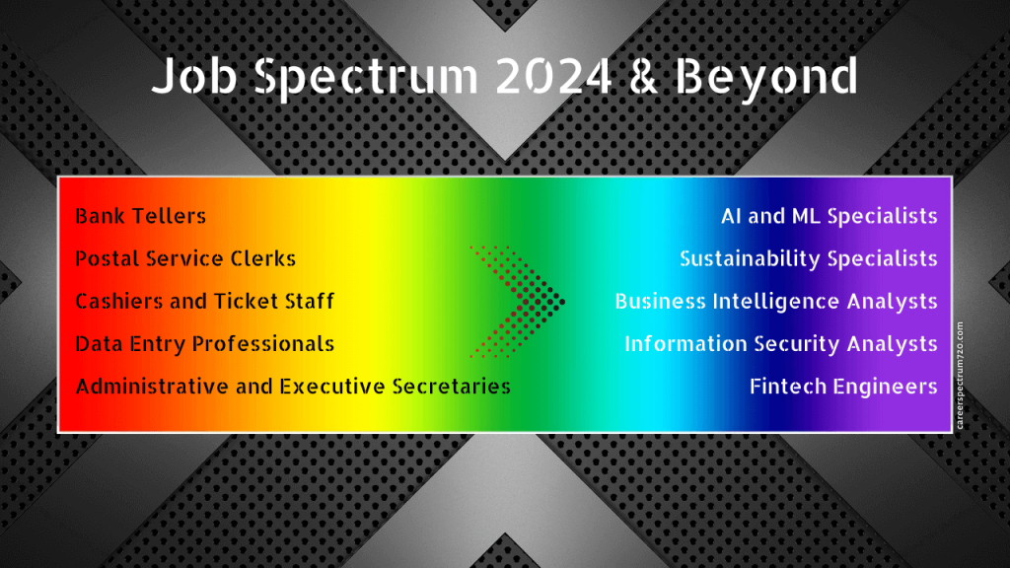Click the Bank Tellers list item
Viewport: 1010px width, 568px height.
click(x=141, y=216)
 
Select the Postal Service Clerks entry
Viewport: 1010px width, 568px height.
click(x=185, y=258)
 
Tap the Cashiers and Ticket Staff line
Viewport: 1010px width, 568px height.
click(x=204, y=301)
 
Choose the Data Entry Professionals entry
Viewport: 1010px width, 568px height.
click(x=204, y=344)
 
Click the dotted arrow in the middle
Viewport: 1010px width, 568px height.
click(x=516, y=300)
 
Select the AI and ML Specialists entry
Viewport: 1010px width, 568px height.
click(x=829, y=216)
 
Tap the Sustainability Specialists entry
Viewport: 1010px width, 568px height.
click(x=808, y=258)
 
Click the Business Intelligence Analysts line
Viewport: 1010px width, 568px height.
click(x=776, y=301)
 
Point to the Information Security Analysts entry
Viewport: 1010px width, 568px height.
click(x=780, y=344)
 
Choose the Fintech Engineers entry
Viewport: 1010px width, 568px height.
click(x=843, y=386)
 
